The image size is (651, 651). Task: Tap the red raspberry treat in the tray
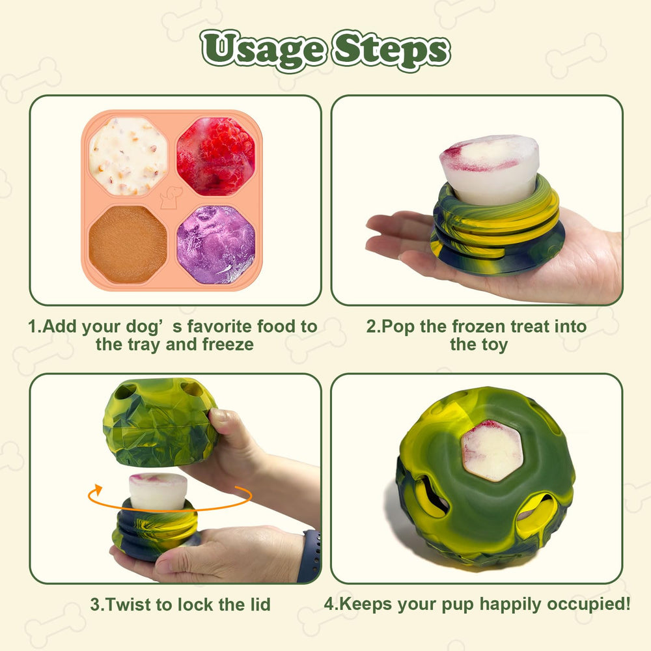[215, 156]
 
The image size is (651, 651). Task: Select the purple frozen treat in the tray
[215, 243]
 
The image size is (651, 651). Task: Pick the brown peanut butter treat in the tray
[128, 243]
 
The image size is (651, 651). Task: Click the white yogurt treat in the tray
[128, 156]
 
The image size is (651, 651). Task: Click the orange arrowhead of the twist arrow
[98, 489]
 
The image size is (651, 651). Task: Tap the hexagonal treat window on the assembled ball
[492, 449]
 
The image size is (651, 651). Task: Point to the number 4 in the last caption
[329, 603]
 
